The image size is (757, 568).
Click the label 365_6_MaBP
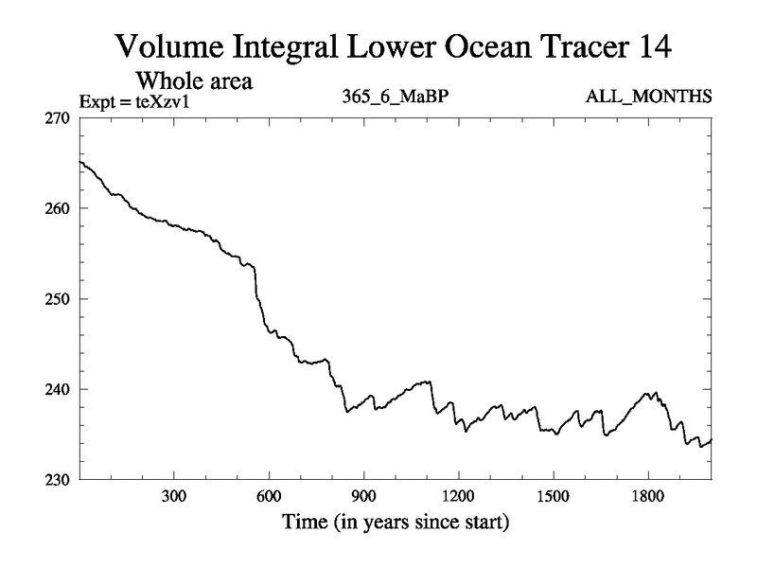[x=392, y=98]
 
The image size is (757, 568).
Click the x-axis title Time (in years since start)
[x=395, y=522]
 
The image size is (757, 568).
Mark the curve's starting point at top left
[x=80, y=162]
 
